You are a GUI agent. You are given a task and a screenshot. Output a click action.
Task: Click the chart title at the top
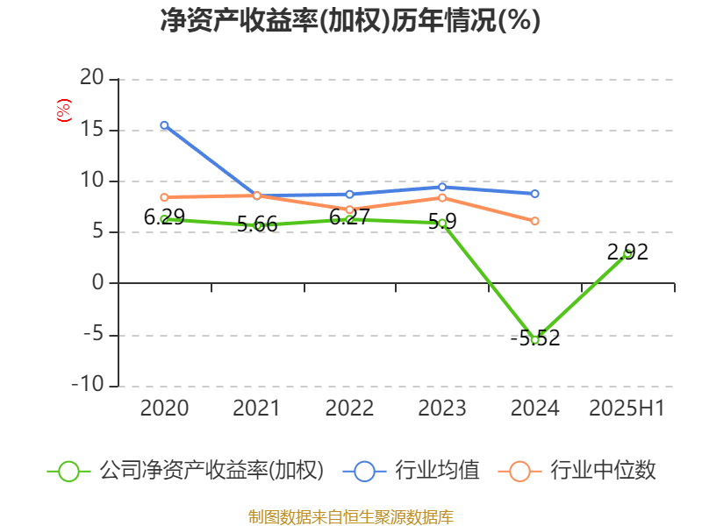(x=350, y=21)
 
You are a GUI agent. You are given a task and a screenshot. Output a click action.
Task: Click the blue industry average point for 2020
(x=164, y=125)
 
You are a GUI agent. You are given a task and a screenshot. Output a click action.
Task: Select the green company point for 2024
(x=534, y=339)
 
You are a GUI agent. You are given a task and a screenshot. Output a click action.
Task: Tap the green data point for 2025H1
(x=627, y=253)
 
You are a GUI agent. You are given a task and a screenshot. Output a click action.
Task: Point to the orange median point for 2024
(x=534, y=221)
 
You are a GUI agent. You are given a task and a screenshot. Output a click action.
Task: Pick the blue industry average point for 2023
(x=442, y=187)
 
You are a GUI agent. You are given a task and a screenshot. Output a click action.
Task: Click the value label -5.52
(x=534, y=338)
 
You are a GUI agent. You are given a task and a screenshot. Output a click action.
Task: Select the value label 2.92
(x=627, y=252)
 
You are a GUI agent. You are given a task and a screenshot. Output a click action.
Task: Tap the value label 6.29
(x=164, y=217)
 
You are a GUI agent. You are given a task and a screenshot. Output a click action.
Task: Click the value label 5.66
(x=257, y=224)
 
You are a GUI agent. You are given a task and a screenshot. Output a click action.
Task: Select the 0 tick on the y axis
(x=97, y=283)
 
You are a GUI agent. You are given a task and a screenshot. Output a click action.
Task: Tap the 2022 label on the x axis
(x=349, y=408)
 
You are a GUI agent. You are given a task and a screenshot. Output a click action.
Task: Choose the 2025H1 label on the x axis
(x=627, y=408)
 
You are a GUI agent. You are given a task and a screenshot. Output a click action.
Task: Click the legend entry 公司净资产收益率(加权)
(x=211, y=471)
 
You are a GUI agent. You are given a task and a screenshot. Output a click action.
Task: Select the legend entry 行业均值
(x=435, y=471)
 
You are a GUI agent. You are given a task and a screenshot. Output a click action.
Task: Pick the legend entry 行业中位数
(x=602, y=471)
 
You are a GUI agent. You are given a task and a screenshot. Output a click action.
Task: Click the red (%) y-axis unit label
(x=63, y=110)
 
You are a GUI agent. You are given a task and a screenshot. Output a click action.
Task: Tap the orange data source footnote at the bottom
(x=350, y=517)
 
